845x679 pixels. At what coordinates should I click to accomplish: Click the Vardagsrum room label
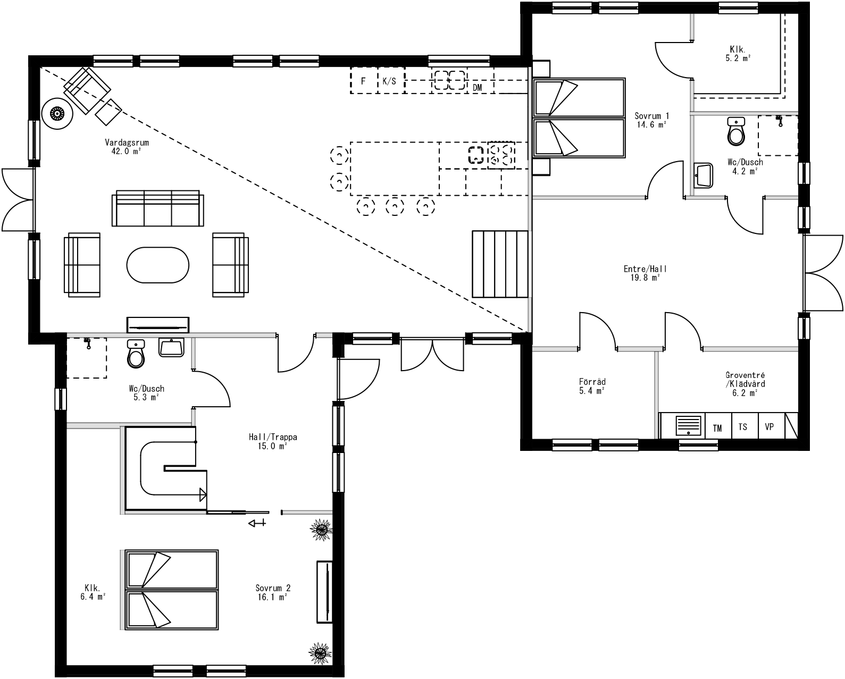point(127,143)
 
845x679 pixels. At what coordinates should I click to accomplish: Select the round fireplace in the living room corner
point(57,113)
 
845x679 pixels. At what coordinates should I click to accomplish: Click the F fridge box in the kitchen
point(364,81)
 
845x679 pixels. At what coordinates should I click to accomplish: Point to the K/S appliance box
point(390,81)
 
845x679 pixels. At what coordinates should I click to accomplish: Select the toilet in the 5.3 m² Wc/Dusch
point(136,355)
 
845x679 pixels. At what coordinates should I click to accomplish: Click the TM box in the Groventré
point(717,428)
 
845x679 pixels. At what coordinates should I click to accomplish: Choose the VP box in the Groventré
point(769,427)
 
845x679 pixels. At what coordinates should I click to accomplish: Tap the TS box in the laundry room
point(743,427)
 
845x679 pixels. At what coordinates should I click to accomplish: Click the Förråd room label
point(592,382)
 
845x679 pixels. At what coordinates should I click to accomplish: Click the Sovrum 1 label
point(652,116)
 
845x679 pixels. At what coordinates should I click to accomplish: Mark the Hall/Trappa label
point(273,438)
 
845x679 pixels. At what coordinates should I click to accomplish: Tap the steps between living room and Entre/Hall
point(500,264)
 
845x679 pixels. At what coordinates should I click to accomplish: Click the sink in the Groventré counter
point(690,426)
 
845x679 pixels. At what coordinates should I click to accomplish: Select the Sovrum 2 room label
point(273,588)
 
